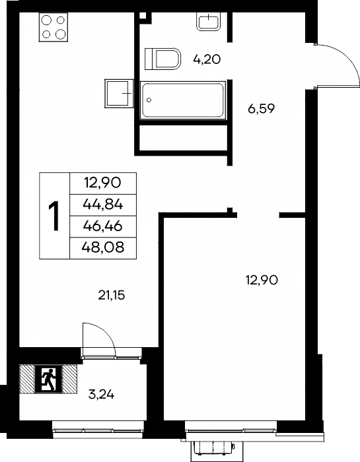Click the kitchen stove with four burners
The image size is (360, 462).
click(x=54, y=27)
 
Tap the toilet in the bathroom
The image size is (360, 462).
click(x=162, y=59)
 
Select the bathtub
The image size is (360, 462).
click(x=183, y=100)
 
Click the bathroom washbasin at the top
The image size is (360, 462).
click(x=209, y=21)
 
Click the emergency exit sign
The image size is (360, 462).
click(x=48, y=379)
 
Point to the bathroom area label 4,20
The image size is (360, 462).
click(x=207, y=60)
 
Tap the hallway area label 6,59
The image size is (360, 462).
click(x=261, y=110)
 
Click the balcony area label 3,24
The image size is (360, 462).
click(x=101, y=395)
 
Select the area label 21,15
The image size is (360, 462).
click(x=112, y=295)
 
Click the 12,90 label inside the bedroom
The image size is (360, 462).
click(x=262, y=280)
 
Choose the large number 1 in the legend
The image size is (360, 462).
click(x=54, y=216)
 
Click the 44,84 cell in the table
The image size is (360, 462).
click(x=103, y=205)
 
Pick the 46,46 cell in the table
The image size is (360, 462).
click(x=103, y=226)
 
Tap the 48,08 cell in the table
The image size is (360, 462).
click(x=103, y=248)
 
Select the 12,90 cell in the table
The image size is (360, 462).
click(x=103, y=183)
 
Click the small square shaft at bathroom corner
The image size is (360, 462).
click(x=143, y=15)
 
